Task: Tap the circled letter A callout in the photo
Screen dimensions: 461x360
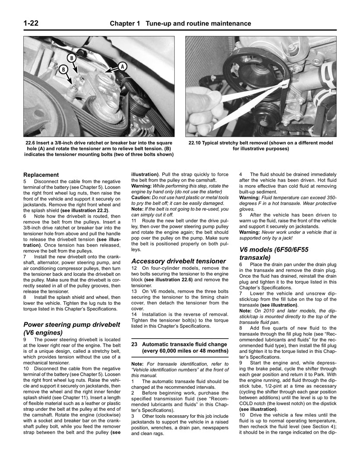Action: (122, 66)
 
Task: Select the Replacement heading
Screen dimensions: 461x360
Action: (41, 175)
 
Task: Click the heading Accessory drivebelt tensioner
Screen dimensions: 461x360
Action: (178, 261)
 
